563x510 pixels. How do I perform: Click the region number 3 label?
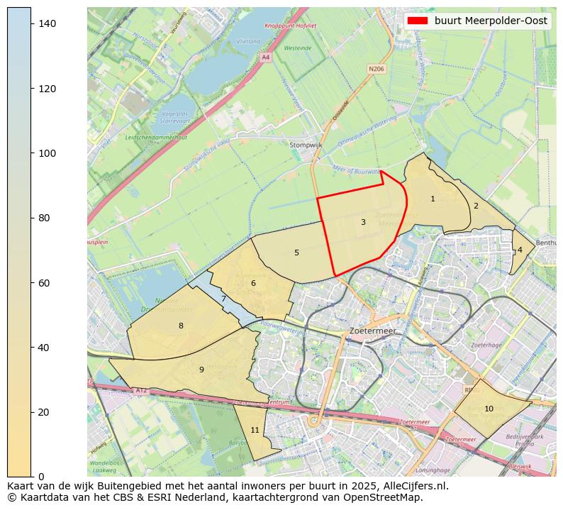[363, 222]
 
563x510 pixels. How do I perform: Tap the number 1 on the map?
[433, 199]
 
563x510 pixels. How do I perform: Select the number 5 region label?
[296, 253]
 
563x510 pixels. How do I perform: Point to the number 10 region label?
[489, 409]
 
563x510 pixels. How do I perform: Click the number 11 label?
[255, 430]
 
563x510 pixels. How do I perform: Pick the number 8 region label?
[181, 326]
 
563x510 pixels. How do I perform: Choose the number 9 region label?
[201, 370]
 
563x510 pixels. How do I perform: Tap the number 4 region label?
[520, 250]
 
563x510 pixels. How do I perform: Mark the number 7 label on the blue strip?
[223, 299]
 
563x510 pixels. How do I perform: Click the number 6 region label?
[253, 284]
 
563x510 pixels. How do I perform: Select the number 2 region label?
[476, 206]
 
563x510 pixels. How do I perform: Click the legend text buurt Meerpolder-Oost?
[491, 21]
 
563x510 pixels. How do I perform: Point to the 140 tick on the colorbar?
[48, 24]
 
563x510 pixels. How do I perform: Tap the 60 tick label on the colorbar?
[45, 283]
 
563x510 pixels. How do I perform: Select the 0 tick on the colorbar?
[42, 476]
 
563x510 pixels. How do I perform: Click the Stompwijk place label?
[306, 145]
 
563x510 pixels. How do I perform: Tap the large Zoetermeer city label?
[372, 331]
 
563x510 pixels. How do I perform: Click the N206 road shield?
[376, 69]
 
